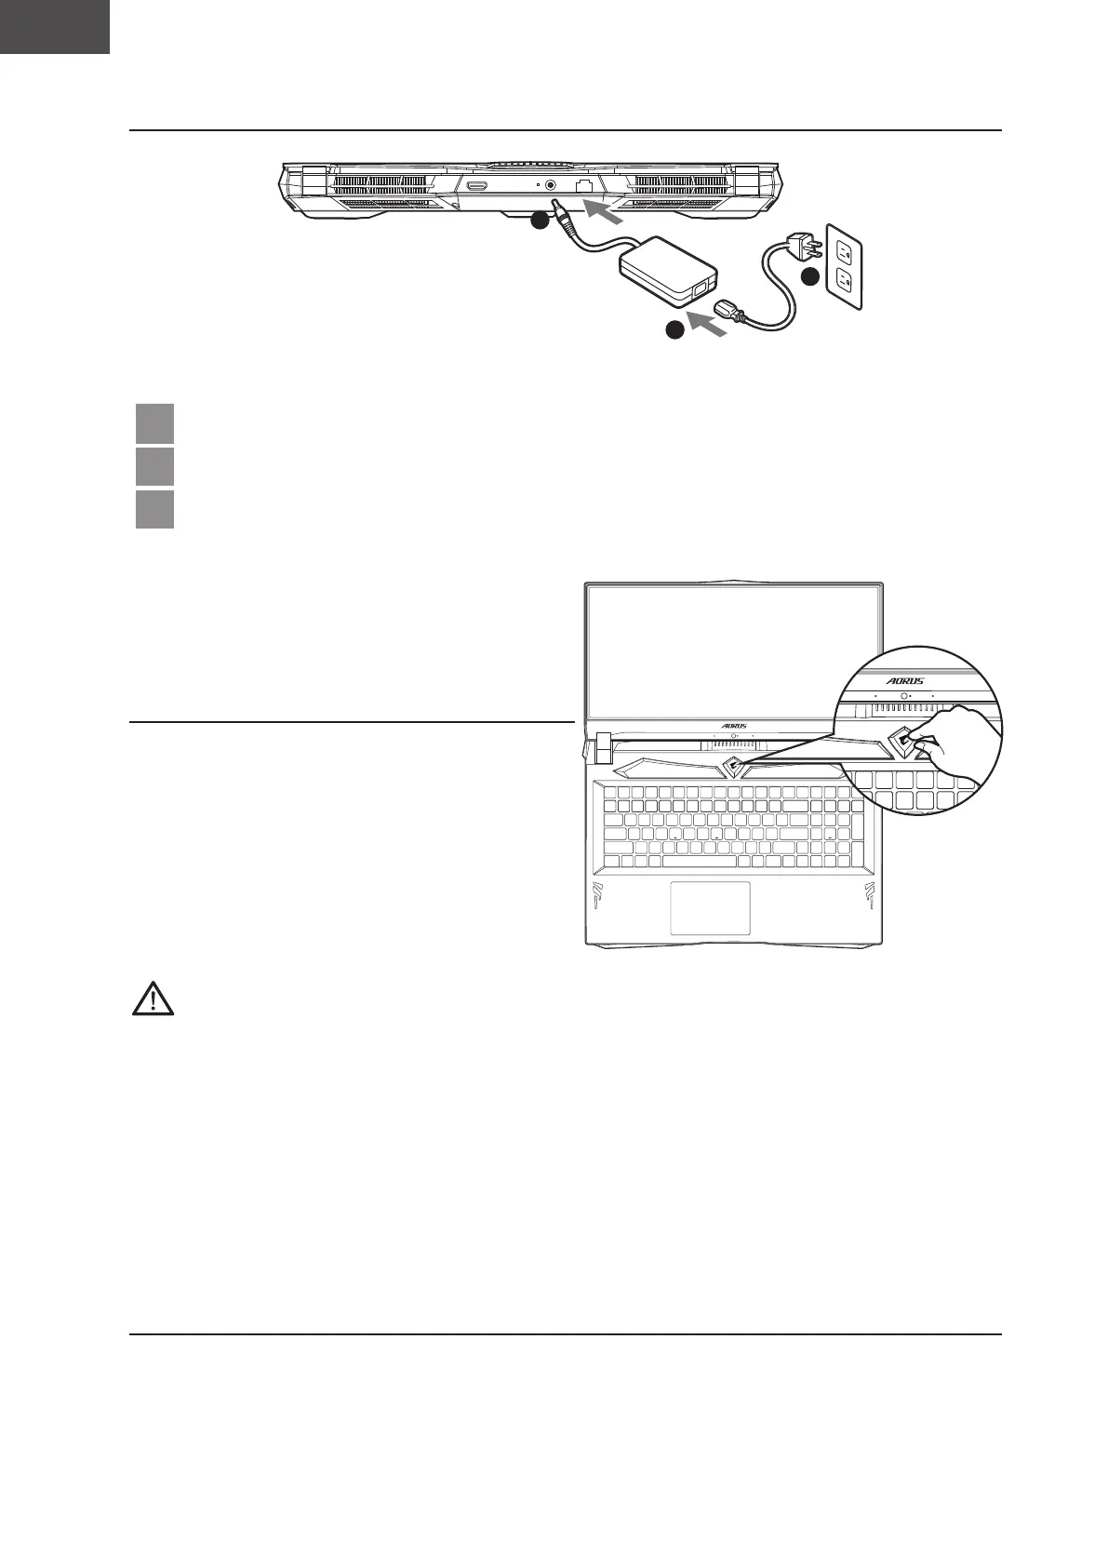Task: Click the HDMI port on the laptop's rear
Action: coord(478,186)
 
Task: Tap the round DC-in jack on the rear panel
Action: coord(552,185)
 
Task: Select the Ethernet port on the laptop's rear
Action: coord(584,186)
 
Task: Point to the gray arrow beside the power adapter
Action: coord(708,325)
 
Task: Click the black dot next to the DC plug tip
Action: coord(540,221)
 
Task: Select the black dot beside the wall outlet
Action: coord(810,276)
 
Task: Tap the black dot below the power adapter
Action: coord(674,330)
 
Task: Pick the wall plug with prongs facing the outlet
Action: coord(802,245)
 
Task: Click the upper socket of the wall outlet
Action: coord(844,249)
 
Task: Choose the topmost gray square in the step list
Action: coord(154,423)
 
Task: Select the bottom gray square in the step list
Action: coord(154,509)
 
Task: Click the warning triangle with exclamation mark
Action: coord(154,998)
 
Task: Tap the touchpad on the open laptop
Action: coord(711,908)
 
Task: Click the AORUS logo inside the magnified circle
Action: coord(904,680)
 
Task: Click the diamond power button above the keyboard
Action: coord(732,768)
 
